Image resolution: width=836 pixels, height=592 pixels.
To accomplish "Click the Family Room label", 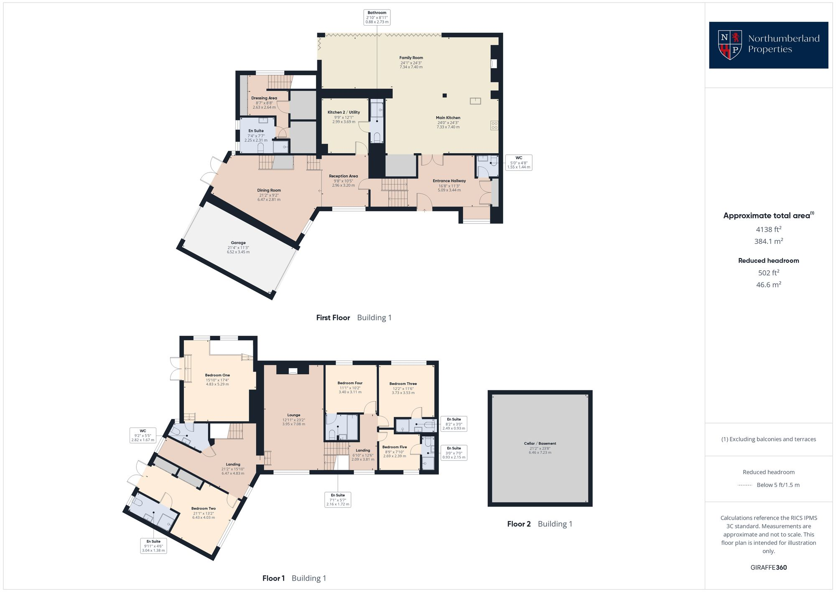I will (x=411, y=58).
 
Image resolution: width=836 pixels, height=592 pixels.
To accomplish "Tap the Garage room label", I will (x=238, y=243).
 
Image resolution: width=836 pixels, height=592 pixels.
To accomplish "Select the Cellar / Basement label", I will (x=540, y=443).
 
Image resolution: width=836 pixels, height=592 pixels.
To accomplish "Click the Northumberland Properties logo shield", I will (x=730, y=44).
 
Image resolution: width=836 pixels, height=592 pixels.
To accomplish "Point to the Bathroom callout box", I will (x=377, y=18).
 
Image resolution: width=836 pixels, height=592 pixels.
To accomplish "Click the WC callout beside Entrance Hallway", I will (x=519, y=162).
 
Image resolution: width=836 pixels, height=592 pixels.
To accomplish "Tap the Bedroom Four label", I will (x=350, y=383).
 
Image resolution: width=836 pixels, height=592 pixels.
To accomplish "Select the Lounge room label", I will (x=293, y=415).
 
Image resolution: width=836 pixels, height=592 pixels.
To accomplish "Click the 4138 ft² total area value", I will (x=768, y=229).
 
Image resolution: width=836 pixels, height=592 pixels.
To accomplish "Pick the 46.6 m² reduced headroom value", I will (x=768, y=285).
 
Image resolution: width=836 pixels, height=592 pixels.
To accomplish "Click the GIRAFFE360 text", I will (x=768, y=568).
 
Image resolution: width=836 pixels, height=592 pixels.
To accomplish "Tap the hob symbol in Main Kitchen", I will (x=494, y=126).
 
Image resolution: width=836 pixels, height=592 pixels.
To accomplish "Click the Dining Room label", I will (x=269, y=191).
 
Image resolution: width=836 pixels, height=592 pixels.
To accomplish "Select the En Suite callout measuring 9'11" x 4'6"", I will (x=153, y=546).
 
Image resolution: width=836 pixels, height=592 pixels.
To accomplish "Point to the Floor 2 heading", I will (x=519, y=524).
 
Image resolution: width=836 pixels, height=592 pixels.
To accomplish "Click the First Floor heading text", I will (x=333, y=318).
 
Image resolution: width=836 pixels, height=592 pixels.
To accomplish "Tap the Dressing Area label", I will (x=264, y=98).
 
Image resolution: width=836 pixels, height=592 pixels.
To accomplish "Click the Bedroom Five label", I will (x=394, y=447).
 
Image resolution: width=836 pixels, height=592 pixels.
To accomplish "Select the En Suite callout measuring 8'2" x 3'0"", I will (x=454, y=423).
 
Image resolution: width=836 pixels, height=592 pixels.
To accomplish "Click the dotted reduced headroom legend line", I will (x=745, y=485).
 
